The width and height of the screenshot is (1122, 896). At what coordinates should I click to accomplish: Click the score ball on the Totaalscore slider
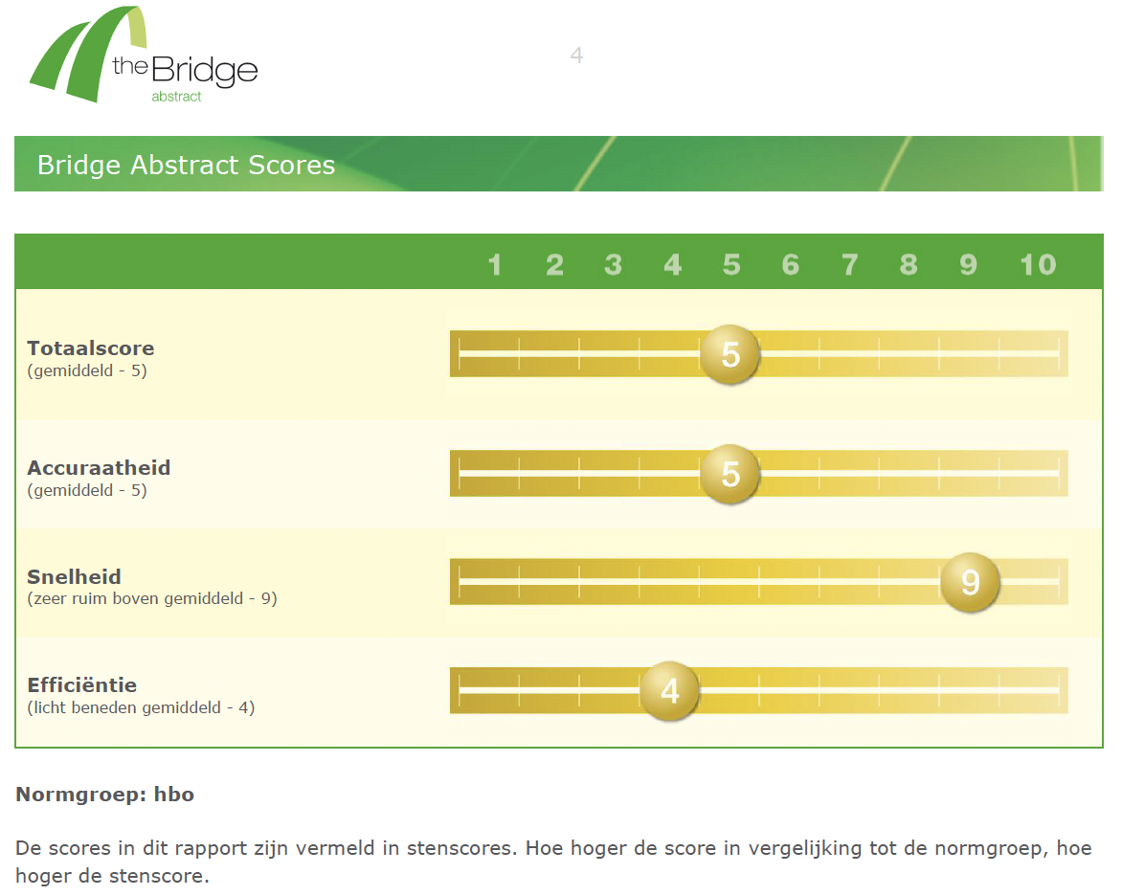729,354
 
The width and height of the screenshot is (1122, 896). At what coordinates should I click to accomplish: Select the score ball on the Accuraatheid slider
729,474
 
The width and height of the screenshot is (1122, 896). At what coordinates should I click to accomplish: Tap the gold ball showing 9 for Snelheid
970,582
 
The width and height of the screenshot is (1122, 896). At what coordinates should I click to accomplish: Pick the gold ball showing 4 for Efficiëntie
670,690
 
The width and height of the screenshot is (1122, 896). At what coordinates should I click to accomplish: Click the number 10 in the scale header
1038,265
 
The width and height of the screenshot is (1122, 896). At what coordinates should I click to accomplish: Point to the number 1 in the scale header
494,265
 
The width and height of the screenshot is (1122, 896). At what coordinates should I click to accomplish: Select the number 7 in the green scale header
849,265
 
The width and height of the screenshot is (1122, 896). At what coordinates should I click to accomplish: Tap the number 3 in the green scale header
614,265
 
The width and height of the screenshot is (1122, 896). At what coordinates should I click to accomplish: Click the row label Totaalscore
91,348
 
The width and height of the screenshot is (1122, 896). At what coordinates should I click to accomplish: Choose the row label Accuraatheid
99,468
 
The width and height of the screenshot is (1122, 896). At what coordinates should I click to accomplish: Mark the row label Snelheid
75,577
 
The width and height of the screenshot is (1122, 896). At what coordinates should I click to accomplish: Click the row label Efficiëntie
82,684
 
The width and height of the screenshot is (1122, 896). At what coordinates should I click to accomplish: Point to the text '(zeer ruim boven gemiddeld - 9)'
151,598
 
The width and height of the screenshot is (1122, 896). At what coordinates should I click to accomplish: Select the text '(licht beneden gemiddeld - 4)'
141,707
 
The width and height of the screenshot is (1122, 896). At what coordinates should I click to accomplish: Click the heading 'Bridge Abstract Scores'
186,165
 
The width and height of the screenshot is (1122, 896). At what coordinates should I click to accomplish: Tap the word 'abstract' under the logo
176,97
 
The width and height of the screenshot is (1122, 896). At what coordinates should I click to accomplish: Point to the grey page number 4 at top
576,56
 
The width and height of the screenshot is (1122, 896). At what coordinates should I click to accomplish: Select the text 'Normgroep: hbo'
105,795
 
